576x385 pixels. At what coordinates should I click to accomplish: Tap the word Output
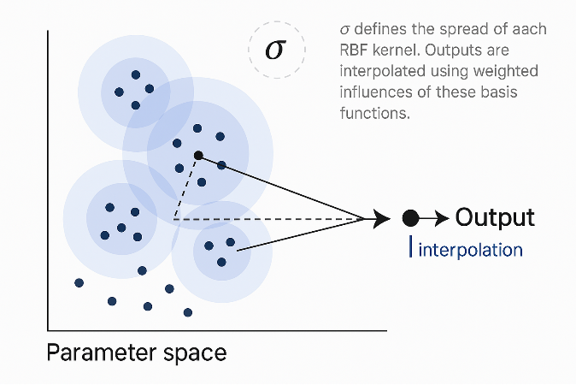pos(495,217)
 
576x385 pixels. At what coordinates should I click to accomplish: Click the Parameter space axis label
pos(136,352)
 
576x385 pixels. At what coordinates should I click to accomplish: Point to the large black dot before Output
pos(410,218)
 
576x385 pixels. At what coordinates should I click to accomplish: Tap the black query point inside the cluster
pos(198,155)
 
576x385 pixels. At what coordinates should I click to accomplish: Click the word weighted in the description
pos(520,70)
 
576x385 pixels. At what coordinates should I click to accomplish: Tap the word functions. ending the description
pos(377,111)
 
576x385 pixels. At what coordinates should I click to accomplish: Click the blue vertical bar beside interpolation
pos(412,248)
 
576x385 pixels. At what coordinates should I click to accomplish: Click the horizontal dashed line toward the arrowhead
pos(273,220)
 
